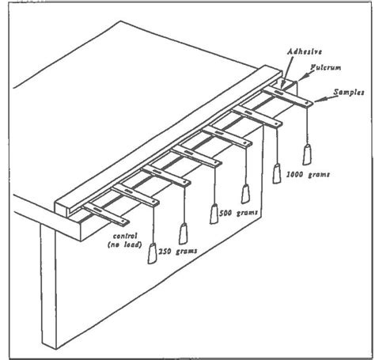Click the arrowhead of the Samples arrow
[317, 100]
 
